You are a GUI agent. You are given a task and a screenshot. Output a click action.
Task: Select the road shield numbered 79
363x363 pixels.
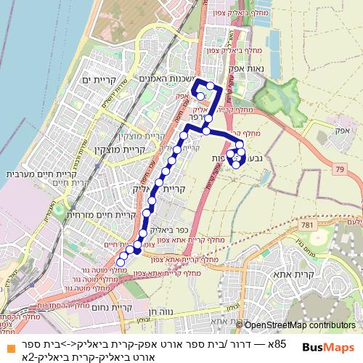(x=340, y=169)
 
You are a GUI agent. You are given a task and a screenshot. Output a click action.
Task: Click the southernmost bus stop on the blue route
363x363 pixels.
(x=120, y=262)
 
